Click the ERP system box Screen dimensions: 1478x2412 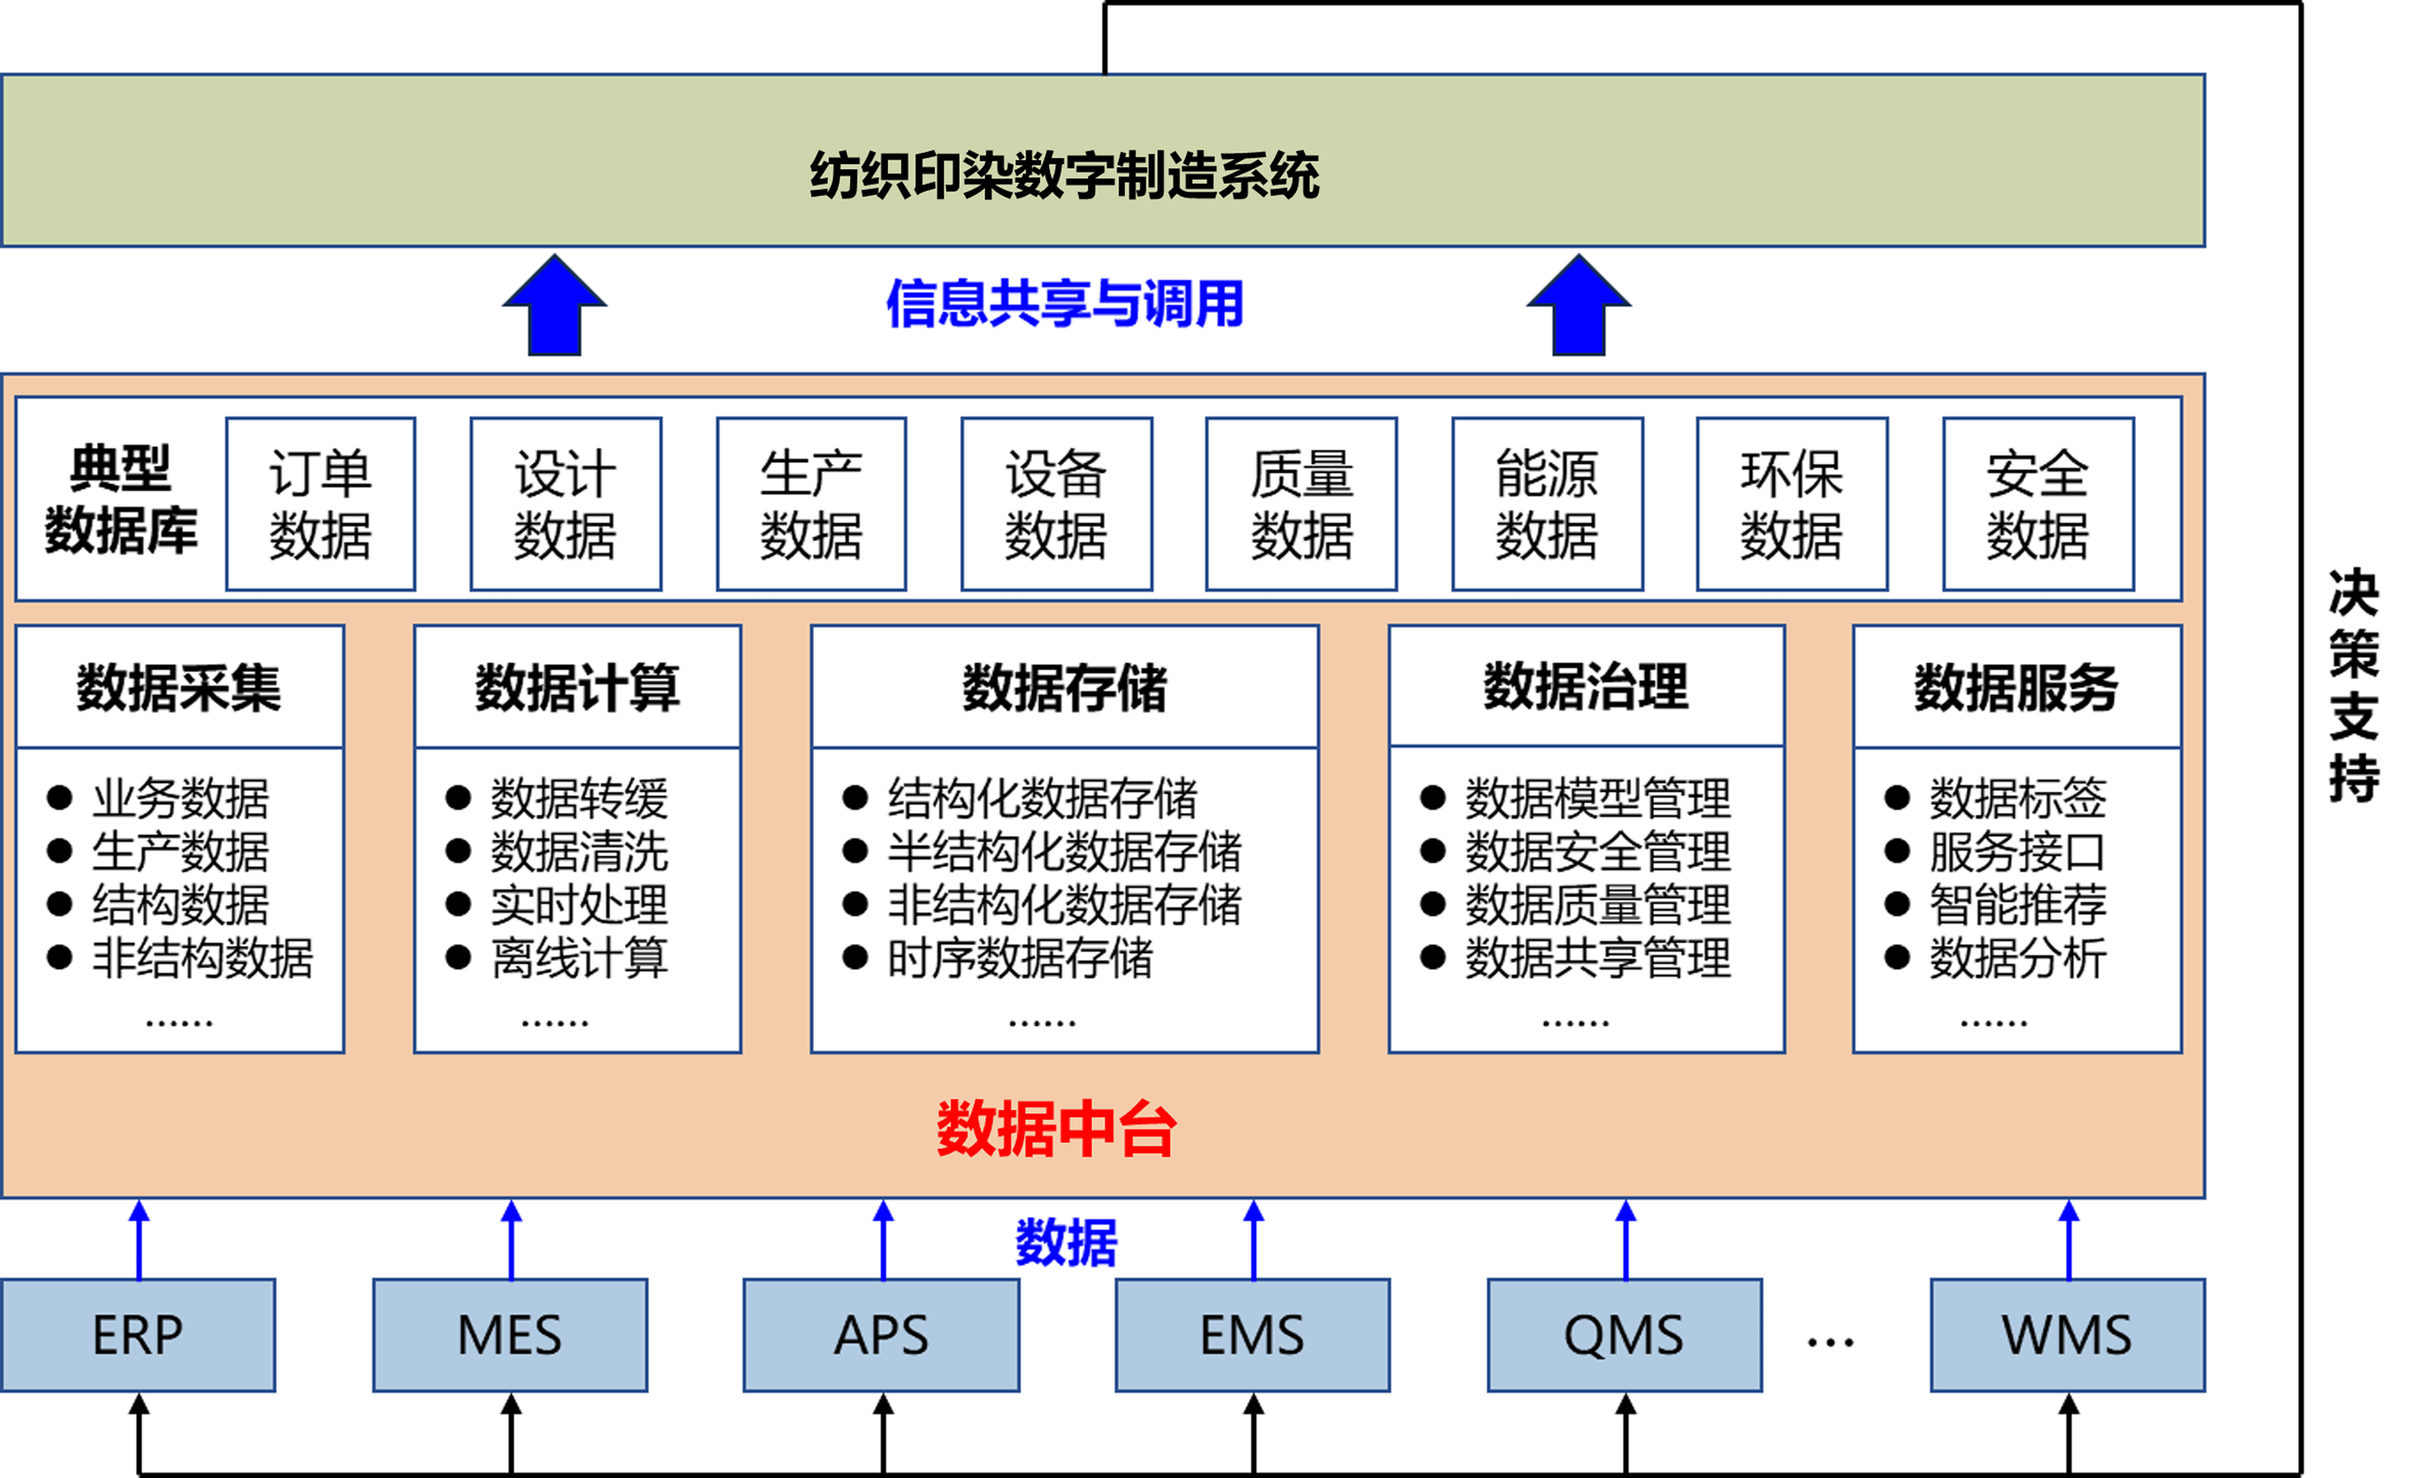(138, 1334)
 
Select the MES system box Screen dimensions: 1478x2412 (510, 1334)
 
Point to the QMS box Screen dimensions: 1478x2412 (1624, 1334)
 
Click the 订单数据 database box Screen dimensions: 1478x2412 (320, 504)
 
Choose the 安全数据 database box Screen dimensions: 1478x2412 (2037, 504)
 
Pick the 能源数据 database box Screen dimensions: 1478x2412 (1547, 504)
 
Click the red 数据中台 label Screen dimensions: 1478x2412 (1056, 1129)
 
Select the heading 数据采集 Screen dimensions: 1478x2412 (179, 687)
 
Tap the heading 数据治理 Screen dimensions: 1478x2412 (1586, 687)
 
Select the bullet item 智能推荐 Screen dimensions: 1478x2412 (2017, 905)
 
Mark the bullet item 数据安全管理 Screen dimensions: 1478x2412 (1597, 851)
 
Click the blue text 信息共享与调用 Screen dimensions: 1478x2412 (1065, 303)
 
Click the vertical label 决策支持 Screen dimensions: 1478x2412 (2353, 685)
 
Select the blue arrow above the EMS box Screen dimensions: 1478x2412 (1254, 1240)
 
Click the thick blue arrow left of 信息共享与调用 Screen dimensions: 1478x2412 (554, 306)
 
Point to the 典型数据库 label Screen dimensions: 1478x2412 (121, 499)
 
